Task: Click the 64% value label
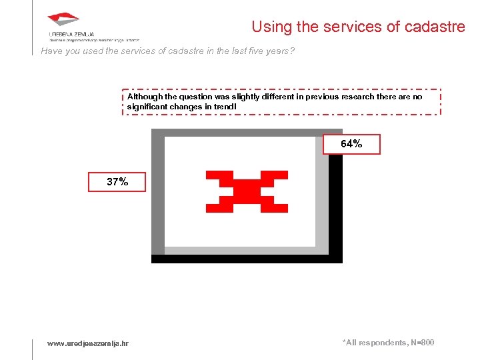(351, 144)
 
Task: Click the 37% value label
(117, 181)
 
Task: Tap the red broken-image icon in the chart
(247, 191)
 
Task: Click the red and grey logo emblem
(63, 20)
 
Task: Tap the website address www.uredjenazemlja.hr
(88, 343)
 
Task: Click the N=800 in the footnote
(421, 343)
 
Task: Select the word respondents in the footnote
(382, 343)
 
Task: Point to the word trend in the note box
(226, 107)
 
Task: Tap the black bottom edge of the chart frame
(247, 259)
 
